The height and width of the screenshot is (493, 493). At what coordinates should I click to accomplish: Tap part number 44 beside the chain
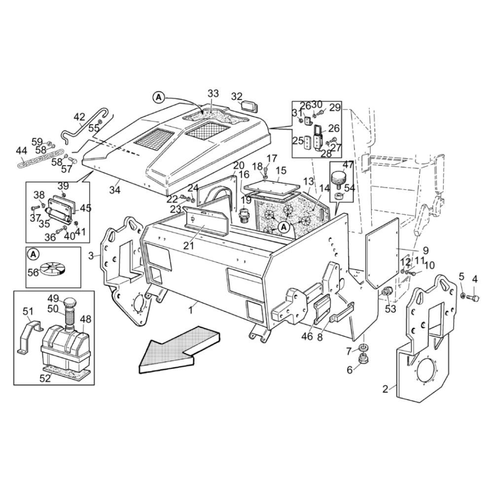pyautogui.click(x=21, y=150)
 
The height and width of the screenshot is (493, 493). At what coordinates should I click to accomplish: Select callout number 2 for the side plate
pyautogui.click(x=386, y=389)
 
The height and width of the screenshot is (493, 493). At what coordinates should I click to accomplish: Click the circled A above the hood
pyautogui.click(x=158, y=98)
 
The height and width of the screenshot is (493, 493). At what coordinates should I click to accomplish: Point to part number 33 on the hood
pyautogui.click(x=213, y=94)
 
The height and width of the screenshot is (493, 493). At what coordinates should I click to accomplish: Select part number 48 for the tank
pyautogui.click(x=86, y=319)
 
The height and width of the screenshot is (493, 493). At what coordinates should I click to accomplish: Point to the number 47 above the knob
pyautogui.click(x=348, y=165)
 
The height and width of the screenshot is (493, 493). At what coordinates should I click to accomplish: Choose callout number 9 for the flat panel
pyautogui.click(x=425, y=250)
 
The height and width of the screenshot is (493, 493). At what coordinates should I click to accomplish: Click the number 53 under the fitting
pyautogui.click(x=390, y=309)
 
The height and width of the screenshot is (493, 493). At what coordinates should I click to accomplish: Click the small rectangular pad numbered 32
pyautogui.click(x=247, y=106)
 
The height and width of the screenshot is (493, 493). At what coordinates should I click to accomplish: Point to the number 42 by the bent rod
pyautogui.click(x=79, y=117)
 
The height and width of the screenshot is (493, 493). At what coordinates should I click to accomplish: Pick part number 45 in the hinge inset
pyautogui.click(x=85, y=208)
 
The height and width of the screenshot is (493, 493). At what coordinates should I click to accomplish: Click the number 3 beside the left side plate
pyautogui.click(x=90, y=255)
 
